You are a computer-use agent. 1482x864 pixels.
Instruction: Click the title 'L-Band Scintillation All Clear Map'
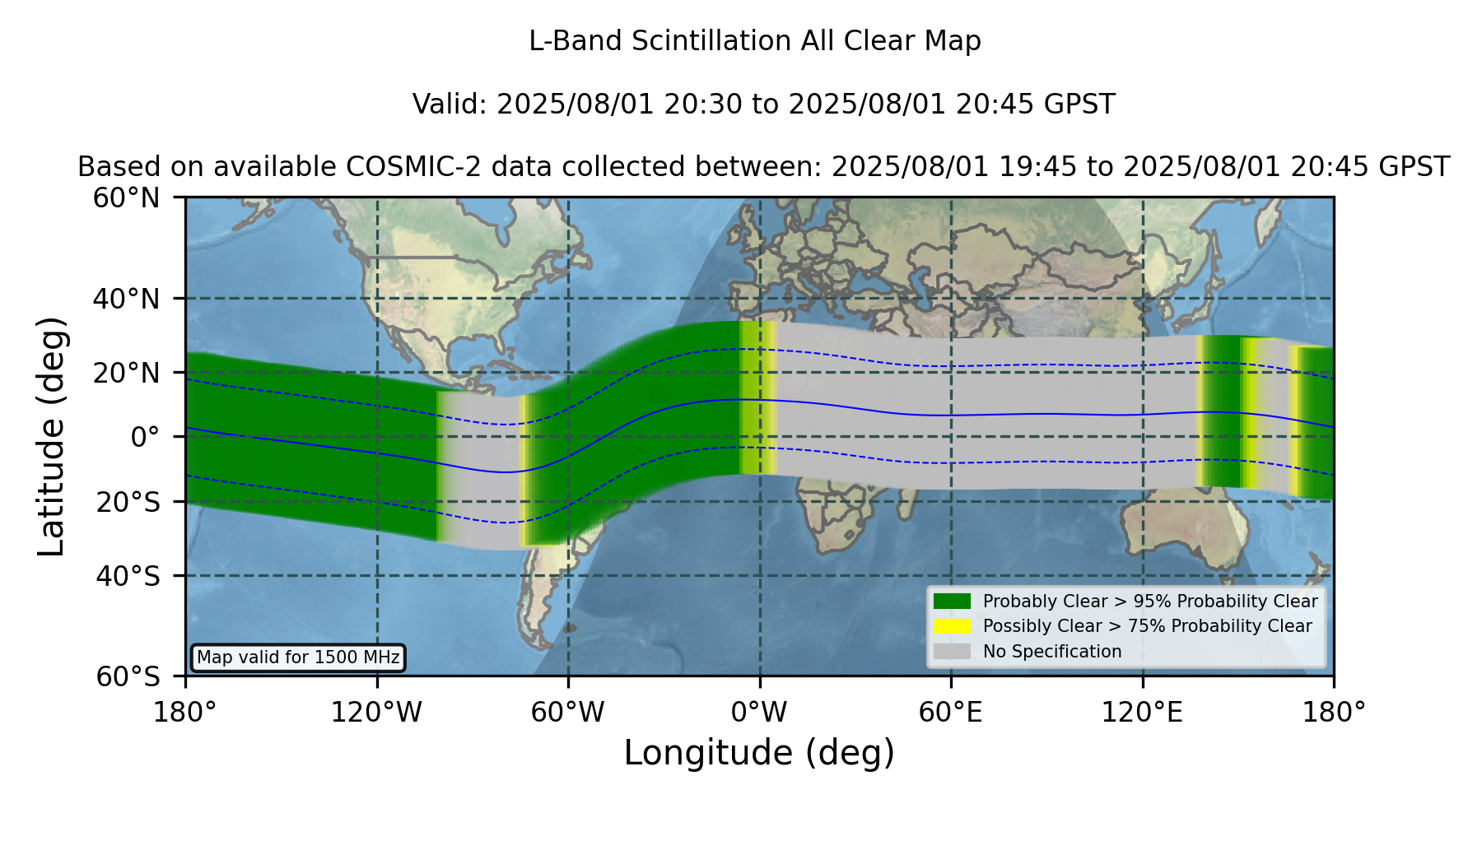coord(754,41)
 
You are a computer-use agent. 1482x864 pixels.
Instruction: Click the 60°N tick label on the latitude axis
coord(127,197)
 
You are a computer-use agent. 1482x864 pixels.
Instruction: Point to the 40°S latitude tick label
coord(128,576)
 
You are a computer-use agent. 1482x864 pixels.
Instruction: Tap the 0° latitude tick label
coord(146,436)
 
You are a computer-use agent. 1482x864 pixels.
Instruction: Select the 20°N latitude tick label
coord(127,373)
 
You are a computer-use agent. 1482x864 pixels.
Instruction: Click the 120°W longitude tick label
coord(377,712)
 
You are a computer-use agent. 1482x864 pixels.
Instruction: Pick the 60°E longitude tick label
coord(951,712)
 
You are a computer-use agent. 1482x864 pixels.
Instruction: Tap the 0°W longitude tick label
coord(760,712)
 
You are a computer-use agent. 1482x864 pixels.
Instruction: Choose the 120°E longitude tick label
coord(1143,712)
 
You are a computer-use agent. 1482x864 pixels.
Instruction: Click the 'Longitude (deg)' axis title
coord(759,753)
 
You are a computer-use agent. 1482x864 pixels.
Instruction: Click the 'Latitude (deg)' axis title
coord(51,436)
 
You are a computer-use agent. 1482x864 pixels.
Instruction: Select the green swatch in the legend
coord(953,602)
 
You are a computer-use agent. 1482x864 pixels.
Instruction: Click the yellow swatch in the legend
coord(953,626)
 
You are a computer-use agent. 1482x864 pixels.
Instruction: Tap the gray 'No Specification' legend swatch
coord(953,652)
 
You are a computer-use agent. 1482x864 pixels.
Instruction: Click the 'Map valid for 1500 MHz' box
coord(298,657)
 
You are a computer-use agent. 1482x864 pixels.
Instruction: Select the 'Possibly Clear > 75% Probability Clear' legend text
coord(1148,626)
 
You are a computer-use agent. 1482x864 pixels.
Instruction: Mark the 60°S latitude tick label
coord(128,676)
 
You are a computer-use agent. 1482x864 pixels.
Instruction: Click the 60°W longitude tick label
coord(568,712)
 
